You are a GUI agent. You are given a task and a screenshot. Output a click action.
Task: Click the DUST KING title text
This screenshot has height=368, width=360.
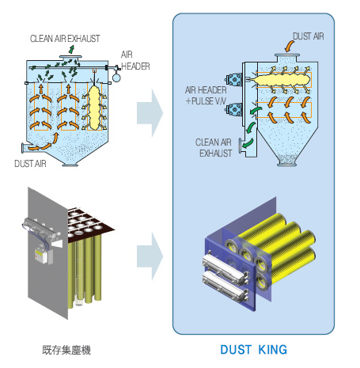point(253,350)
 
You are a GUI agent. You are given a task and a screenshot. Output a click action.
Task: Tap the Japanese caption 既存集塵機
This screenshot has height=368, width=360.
point(66,350)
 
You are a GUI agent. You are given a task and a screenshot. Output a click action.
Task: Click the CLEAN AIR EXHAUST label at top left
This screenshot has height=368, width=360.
point(65,39)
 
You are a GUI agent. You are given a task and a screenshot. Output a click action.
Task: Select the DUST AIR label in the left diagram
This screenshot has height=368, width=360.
point(30,164)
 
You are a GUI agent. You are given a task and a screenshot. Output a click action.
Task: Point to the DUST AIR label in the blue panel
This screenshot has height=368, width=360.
point(309,36)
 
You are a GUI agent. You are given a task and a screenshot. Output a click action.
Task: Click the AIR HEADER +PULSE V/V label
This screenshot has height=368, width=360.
point(206,96)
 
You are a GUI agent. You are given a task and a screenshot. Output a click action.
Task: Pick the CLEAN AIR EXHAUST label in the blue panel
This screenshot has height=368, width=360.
point(214,148)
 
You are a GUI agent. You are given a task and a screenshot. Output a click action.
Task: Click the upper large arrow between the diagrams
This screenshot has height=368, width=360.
point(150,113)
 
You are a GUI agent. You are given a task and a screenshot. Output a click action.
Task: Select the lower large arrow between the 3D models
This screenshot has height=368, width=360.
point(150,256)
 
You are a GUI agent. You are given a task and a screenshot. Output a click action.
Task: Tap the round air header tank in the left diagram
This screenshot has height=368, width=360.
point(116,78)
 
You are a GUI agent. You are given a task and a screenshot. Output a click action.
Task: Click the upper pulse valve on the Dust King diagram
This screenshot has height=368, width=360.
point(233,80)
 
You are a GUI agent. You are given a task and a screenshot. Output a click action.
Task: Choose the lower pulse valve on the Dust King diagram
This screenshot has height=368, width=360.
point(233,110)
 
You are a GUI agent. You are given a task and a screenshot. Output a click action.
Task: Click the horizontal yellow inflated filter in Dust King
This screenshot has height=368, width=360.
point(282,80)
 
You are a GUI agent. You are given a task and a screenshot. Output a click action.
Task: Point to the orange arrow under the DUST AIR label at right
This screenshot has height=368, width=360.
point(290,47)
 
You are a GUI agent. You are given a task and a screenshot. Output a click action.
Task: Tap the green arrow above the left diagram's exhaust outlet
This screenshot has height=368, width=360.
point(71,49)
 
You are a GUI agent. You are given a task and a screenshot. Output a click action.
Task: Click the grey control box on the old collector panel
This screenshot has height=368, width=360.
point(44,255)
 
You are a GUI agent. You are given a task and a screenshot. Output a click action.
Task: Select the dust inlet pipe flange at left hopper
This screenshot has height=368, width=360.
point(23,148)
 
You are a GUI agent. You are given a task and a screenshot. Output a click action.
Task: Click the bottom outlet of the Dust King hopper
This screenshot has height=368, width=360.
point(287,164)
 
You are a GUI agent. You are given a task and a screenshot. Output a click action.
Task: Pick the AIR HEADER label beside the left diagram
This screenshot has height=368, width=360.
point(135,60)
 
